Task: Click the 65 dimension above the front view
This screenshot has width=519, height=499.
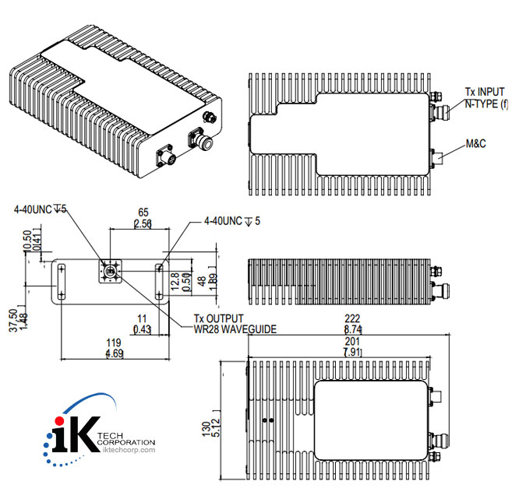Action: (143, 212)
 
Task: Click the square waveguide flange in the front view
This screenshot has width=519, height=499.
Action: (110, 272)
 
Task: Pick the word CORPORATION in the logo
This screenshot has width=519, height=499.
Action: (129, 442)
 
